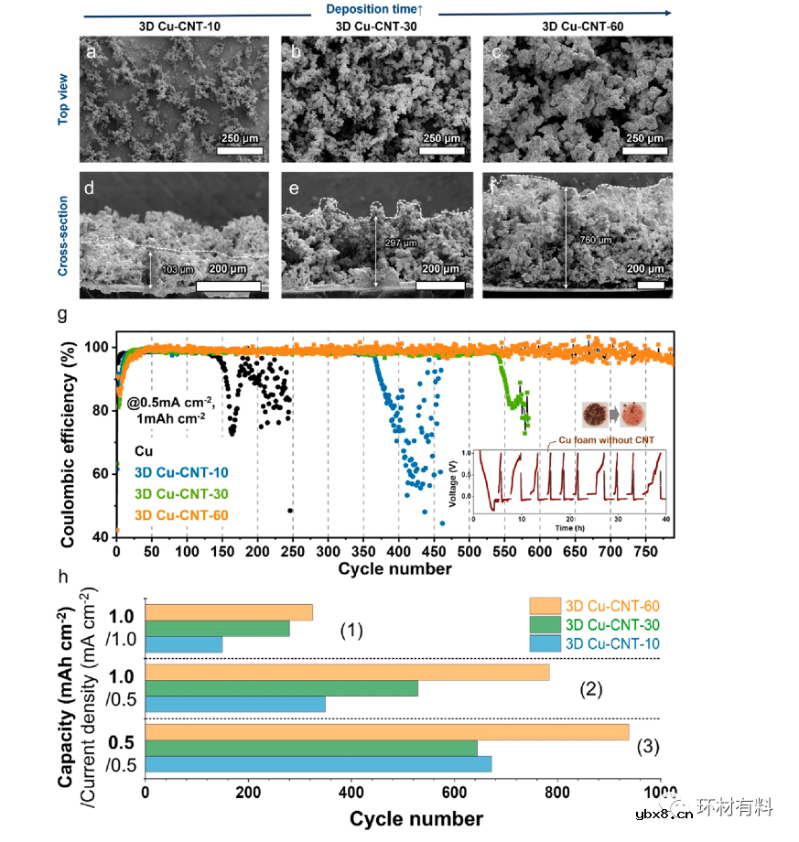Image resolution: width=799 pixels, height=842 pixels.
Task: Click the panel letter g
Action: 63,315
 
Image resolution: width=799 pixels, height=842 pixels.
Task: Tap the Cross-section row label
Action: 63,234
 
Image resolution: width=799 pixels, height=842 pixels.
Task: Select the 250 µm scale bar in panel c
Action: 642,147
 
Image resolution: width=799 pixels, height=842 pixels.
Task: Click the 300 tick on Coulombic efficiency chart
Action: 328,553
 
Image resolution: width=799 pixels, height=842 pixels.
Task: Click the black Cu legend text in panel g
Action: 144,452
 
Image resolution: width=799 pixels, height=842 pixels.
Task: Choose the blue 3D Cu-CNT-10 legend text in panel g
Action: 180,473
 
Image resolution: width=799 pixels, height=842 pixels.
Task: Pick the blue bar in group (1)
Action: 184,645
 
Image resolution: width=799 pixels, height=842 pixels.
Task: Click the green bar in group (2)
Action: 282,688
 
